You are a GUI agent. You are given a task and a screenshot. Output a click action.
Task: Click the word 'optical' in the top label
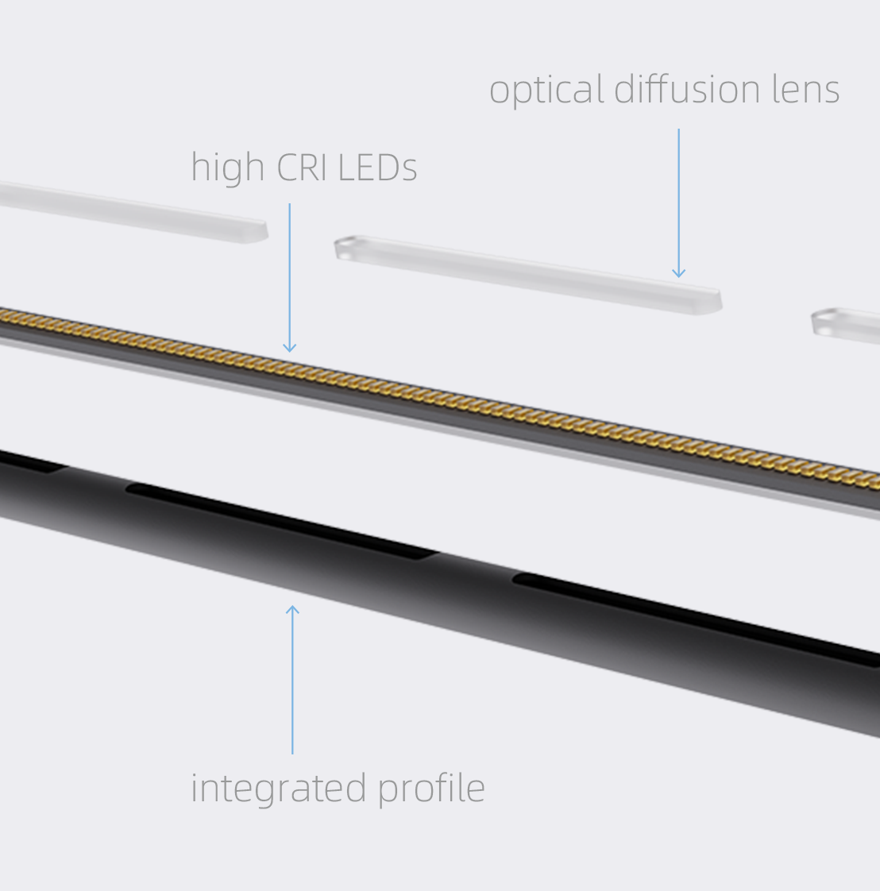[x=546, y=91]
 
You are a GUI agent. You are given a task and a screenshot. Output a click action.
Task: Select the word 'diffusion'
[x=687, y=89]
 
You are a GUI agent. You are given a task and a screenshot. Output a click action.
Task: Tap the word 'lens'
[x=805, y=89]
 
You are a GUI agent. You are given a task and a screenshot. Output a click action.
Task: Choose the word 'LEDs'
[x=377, y=168]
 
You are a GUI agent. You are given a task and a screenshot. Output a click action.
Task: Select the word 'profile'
[x=431, y=789]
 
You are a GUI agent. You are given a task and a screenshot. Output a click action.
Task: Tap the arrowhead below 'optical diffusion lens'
[x=679, y=272]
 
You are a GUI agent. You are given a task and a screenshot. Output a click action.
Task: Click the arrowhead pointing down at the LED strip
[x=290, y=347]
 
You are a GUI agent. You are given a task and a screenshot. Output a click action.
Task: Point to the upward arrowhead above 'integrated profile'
[x=292, y=610]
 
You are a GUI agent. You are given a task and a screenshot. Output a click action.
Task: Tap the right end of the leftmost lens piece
[x=256, y=231]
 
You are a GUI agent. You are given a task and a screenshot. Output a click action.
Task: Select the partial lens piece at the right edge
[x=846, y=326]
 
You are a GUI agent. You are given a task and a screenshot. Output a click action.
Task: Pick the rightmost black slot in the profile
[x=697, y=619]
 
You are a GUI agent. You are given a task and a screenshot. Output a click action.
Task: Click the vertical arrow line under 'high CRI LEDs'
[x=290, y=278]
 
